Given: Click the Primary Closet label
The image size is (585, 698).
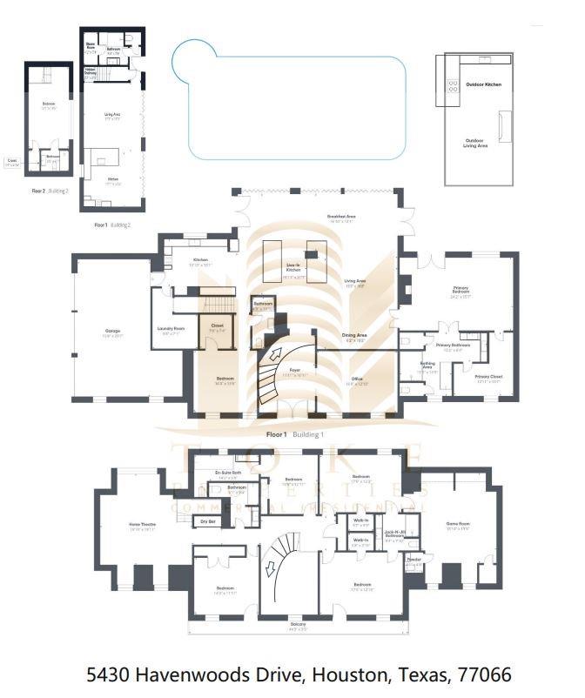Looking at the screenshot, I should (489, 377).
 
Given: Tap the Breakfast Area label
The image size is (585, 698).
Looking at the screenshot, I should (341, 216).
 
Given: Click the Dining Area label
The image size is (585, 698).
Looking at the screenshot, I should (353, 335).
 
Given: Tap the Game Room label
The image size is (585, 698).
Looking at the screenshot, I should (458, 524).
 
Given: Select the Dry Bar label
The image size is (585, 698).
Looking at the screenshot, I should (207, 521).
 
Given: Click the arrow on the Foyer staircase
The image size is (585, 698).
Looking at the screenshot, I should (277, 356).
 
